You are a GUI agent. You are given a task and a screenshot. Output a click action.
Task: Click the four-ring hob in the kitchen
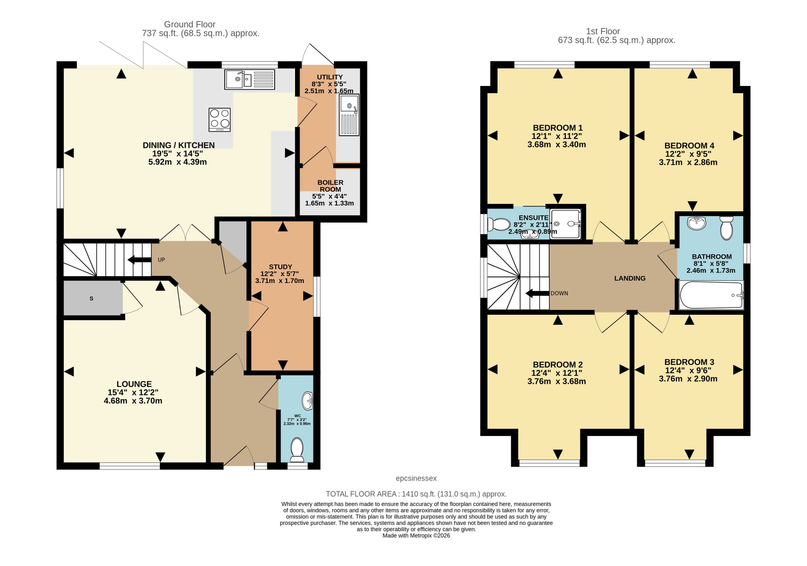(220, 120)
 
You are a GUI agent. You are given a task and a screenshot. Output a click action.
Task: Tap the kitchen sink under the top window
(250, 80)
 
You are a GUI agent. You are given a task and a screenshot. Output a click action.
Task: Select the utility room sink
(349, 115)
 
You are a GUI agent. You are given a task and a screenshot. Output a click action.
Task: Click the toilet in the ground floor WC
(297, 450)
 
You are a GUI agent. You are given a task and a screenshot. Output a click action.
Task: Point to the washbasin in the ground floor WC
(308, 401)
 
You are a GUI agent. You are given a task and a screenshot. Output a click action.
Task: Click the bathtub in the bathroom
(711, 295)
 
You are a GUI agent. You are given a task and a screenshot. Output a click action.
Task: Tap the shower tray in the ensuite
(566, 224)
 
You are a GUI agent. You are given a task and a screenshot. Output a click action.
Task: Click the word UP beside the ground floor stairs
(161, 260)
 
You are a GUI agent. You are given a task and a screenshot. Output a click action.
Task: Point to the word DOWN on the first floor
(559, 293)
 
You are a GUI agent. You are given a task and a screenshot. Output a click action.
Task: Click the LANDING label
(630, 278)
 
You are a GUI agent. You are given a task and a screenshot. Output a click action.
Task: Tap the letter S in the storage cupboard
(91, 299)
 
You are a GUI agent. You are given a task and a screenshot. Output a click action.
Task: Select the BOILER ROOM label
(330, 186)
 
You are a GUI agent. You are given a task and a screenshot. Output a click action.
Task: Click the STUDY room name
(281, 267)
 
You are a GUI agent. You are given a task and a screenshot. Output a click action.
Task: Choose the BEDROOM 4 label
(689, 146)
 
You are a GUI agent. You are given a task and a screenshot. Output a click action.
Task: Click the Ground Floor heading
(190, 24)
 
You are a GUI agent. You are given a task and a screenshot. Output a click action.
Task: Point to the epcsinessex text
(416, 478)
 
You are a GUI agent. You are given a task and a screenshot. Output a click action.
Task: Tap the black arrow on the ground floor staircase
(140, 260)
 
